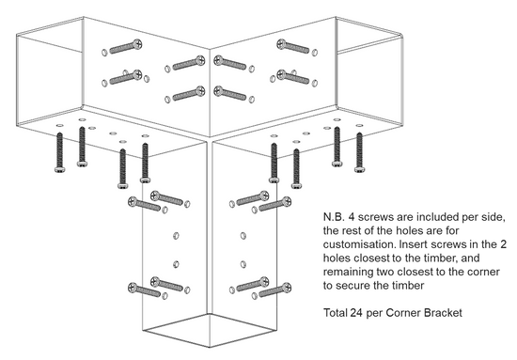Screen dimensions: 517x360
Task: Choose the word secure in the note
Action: [355, 286]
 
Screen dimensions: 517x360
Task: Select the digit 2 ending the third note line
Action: [503, 244]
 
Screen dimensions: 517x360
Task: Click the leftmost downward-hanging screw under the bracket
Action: [59, 152]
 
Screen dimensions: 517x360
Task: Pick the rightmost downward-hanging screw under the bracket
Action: [359, 152]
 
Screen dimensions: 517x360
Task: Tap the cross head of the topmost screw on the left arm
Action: [137, 43]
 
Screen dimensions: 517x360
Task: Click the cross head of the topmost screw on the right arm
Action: [282, 43]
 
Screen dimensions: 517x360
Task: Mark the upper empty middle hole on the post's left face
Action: [176, 235]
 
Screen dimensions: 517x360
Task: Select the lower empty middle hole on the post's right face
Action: [243, 264]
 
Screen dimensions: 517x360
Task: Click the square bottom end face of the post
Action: [210, 330]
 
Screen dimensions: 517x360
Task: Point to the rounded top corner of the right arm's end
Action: [399, 35]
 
